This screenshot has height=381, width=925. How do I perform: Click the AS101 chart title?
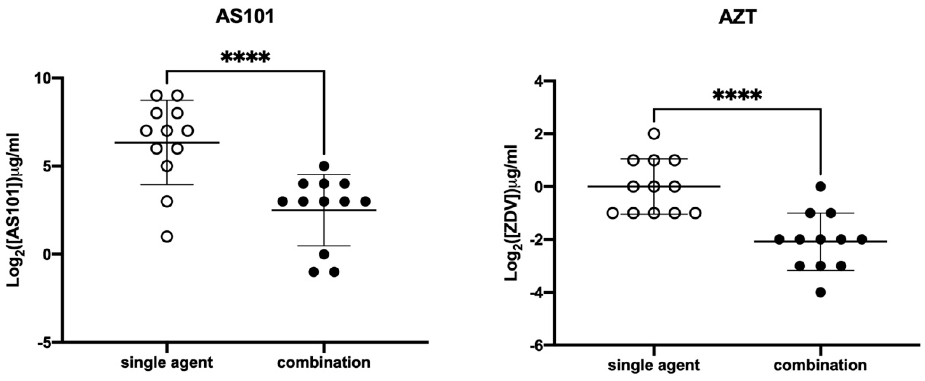tap(245, 17)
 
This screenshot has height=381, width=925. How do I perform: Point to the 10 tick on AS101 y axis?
tap(44, 78)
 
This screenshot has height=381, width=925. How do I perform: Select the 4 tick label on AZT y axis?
tap(537, 82)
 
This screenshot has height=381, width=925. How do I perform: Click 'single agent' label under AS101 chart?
tap(167, 363)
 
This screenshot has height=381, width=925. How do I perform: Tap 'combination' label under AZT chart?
tap(821, 365)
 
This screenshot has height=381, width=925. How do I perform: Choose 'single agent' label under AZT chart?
tap(654, 365)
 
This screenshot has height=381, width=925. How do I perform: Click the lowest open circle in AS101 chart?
tap(167, 237)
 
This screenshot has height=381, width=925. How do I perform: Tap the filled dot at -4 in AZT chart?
tap(821, 292)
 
